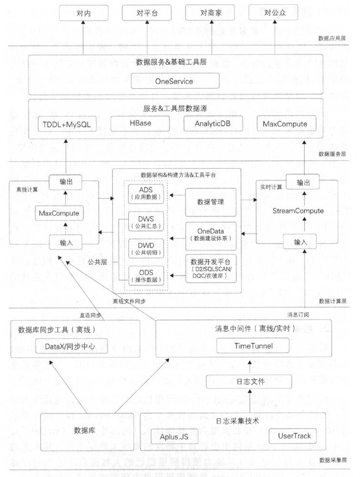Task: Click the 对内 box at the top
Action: tap(84, 14)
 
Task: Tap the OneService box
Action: tap(174, 81)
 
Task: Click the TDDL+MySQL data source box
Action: tap(66, 124)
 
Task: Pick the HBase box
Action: tap(140, 124)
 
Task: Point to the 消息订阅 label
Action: tap(298, 315)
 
